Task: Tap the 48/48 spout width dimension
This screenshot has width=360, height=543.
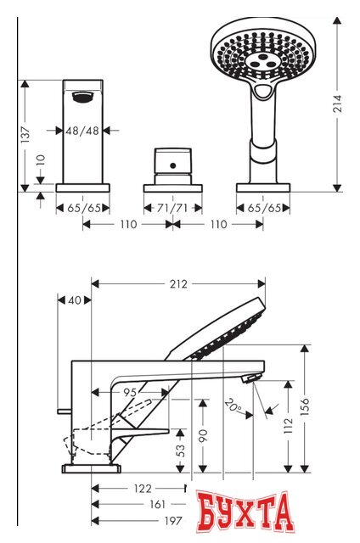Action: click(x=83, y=131)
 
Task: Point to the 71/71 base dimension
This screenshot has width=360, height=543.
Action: click(x=172, y=207)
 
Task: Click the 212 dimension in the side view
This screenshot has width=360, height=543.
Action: click(x=178, y=283)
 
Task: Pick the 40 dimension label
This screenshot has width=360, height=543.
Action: click(x=75, y=300)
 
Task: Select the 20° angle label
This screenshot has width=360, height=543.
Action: click(x=233, y=406)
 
